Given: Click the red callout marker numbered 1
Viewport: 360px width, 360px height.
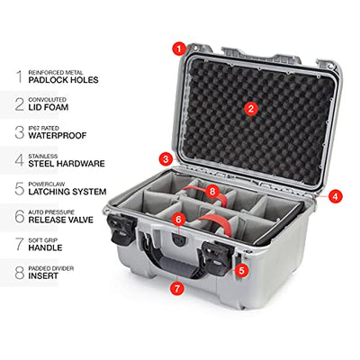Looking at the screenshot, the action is pos(179,49).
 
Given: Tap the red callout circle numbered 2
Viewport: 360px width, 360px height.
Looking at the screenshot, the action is pos(251,109).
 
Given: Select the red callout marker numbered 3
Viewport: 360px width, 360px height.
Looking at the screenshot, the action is pos(166,159).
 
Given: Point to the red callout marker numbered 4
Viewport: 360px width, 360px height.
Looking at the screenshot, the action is pos(335,196).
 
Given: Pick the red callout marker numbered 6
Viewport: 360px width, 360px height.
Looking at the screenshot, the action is pos(179,220).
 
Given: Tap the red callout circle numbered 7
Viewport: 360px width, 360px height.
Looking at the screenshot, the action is pos(176,288).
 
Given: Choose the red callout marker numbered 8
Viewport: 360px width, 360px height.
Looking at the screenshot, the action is pos(212,190).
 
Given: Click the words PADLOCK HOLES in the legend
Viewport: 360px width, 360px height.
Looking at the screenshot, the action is pos(63,80).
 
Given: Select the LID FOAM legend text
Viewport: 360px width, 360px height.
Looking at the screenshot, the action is pos(49,107).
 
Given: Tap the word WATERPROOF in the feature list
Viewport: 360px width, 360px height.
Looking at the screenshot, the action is pos(58,136).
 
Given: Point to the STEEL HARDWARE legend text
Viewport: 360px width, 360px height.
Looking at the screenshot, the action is pos(67,164).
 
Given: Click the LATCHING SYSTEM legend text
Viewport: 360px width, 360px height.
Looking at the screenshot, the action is pos(67,192).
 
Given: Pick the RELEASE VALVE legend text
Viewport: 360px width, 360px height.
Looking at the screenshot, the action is pos(61,220).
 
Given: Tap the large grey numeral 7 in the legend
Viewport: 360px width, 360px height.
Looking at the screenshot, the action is pos(20,244).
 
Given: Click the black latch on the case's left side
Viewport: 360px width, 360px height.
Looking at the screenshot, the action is pos(121,228).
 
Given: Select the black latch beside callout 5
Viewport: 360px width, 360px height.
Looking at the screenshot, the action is pos(217,258).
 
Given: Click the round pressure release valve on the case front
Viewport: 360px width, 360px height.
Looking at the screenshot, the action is pos(178,239).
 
